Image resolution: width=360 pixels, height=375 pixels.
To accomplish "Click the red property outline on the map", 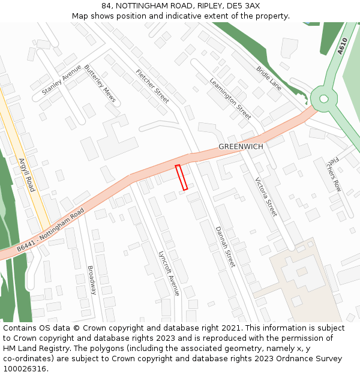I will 181,177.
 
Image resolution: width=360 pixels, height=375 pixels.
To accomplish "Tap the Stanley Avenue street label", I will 61,80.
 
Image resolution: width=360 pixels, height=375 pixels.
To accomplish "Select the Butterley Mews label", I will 100,83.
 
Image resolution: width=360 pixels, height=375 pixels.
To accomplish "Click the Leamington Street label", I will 230,98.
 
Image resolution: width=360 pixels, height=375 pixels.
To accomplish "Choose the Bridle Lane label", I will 269,78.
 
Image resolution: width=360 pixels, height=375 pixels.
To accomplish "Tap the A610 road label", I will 342,46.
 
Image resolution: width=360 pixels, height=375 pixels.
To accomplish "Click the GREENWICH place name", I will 240,146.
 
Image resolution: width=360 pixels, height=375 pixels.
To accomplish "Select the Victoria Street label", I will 266,197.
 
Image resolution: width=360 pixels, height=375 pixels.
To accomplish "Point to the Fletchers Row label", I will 334,174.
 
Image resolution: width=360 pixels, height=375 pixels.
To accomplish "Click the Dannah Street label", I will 226,247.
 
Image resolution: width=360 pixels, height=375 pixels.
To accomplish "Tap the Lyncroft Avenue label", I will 168,273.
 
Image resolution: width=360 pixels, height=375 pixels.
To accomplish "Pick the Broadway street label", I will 92,280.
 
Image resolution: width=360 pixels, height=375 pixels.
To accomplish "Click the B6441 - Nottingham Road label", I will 51,230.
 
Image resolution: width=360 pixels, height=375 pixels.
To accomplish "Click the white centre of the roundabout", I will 324,98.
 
